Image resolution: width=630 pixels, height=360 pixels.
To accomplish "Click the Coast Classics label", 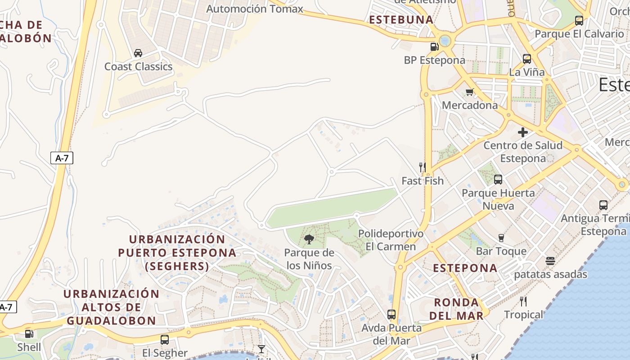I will point(138,67).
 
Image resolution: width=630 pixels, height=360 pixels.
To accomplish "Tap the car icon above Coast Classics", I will point(138,53).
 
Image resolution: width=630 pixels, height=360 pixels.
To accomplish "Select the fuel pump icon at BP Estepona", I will point(434,46).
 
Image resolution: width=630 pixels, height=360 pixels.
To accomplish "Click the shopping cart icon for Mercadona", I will point(470,92).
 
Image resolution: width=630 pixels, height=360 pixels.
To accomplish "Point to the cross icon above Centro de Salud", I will point(523,132).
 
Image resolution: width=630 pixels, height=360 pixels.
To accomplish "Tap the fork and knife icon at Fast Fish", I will point(423,167).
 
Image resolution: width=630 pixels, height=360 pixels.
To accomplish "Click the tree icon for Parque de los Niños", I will point(309,239).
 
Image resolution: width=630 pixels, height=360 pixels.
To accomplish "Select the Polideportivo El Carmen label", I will point(391,240).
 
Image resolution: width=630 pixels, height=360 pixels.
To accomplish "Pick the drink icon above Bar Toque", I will point(501,238).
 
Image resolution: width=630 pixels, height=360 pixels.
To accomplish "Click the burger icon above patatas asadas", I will point(550,261).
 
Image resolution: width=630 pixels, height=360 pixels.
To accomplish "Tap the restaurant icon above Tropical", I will point(523,301).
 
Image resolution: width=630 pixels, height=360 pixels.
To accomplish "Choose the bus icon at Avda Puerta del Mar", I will point(391,315).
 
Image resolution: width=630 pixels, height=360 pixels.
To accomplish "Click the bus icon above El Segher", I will point(165,340).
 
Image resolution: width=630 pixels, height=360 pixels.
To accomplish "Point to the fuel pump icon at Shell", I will point(29,334).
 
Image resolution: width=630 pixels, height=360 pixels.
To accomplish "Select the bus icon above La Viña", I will point(526,59).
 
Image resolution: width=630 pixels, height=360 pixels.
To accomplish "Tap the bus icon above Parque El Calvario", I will point(579,21).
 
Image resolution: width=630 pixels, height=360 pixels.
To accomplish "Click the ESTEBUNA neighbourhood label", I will point(401,20).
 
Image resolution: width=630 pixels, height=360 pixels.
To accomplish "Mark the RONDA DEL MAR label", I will point(456,309).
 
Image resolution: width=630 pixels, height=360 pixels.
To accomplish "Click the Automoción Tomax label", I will point(254,9).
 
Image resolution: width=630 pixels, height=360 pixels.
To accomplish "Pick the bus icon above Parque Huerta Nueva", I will point(498,180).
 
